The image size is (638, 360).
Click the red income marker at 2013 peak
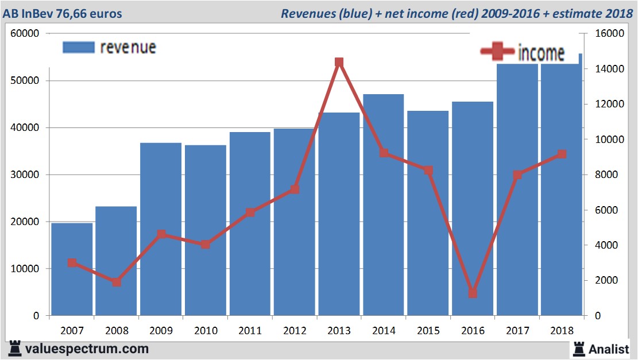pos(339,62)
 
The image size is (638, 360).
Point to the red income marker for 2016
pos(473,293)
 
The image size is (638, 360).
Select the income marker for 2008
pos(117,282)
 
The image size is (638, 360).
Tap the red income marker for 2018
pos(562,154)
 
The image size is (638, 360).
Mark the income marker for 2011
pos(250,212)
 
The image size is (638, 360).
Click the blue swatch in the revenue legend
pos(78,47)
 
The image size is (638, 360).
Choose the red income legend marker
pos(497,52)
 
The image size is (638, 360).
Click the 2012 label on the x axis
pos(295,331)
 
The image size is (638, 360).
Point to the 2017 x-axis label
pos(517,331)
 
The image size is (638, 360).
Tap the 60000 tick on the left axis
pos(25,33)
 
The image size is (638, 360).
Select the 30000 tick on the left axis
pos(25,175)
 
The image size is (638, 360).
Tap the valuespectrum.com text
pos(86,349)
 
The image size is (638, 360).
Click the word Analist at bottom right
pos(609,349)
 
